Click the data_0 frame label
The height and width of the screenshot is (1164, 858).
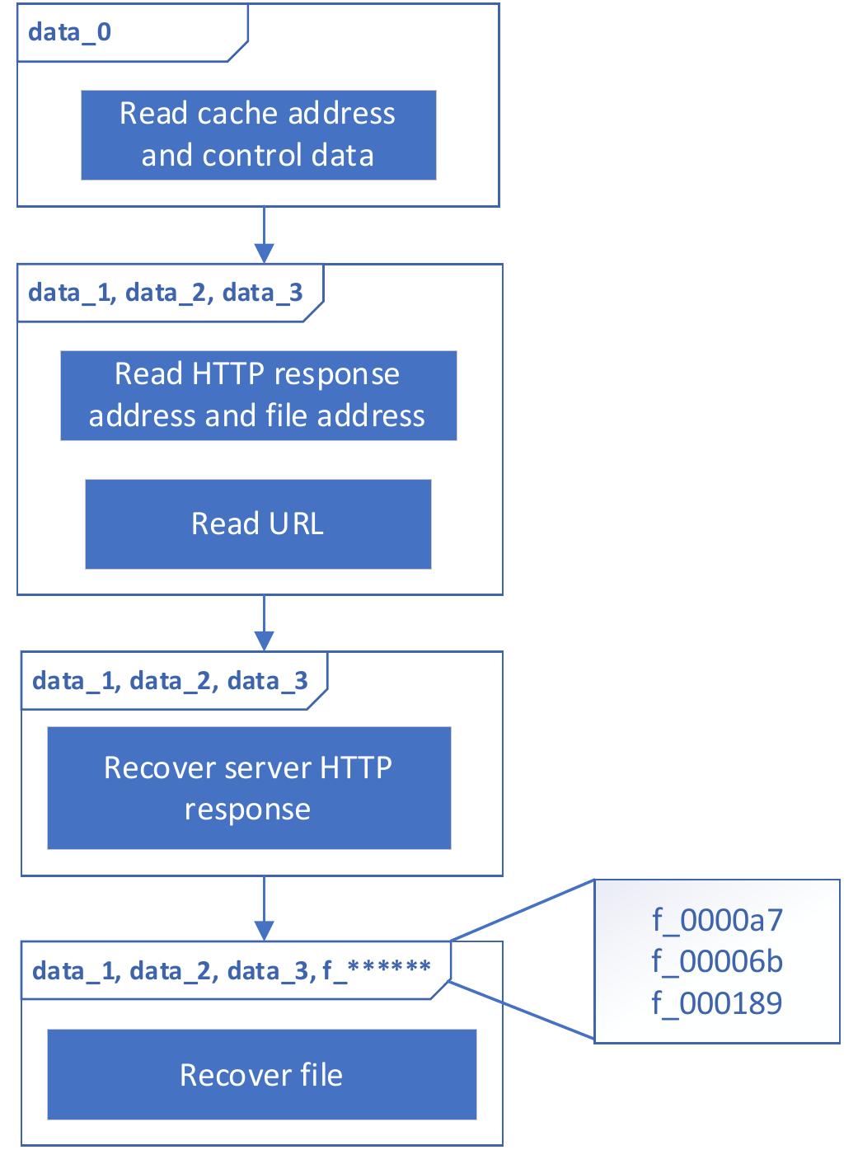70,33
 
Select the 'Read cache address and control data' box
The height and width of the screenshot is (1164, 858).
258,135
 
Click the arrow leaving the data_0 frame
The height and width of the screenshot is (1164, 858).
264,235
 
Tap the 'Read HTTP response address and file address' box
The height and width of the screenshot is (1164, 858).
258,396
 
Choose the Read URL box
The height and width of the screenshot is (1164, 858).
258,524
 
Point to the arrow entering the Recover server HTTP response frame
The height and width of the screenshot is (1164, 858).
264,623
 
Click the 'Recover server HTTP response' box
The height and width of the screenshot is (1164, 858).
249,788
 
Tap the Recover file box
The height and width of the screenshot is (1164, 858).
261,1075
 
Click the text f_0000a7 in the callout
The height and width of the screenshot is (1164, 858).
717,920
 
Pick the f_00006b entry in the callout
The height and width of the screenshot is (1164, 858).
717,961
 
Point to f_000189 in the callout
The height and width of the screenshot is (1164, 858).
717,1003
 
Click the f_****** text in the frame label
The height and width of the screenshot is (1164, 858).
377,970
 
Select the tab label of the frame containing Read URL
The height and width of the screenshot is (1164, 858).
166,293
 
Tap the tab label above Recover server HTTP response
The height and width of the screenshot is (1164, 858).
170,681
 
